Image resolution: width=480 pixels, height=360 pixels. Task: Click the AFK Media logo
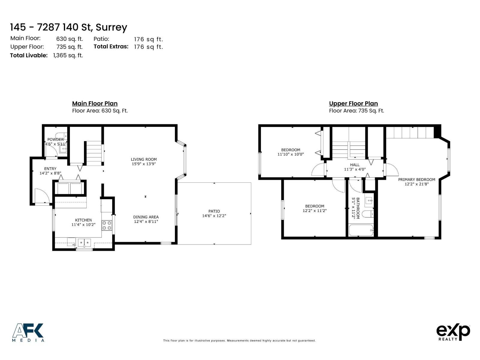pos(28,332)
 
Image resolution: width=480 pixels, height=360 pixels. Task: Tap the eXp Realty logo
pos(453,332)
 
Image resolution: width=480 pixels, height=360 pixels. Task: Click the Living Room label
pos(144,159)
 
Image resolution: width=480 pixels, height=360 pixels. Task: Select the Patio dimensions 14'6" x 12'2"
pos(214,216)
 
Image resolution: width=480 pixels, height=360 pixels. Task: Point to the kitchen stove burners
pos(107,225)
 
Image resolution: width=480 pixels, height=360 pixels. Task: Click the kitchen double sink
pos(84,242)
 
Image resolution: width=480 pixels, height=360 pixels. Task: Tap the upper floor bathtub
pos(361,230)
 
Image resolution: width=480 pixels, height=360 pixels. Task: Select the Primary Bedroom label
pos(416,180)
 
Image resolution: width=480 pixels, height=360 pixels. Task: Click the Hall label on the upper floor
pos(355,165)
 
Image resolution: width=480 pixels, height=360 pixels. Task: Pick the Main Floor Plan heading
pos(95,103)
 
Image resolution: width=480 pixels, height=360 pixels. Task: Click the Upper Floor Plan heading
pos(353,103)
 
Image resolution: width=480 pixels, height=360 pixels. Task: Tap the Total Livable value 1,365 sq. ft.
pos(68,55)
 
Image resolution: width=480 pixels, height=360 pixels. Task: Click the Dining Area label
pos(146,217)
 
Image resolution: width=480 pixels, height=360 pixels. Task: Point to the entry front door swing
pos(42,196)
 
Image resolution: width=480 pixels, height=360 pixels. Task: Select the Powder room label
pos(55,139)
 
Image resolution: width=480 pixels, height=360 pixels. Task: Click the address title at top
pos(69,27)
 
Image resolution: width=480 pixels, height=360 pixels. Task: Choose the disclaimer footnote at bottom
pos(239,340)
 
